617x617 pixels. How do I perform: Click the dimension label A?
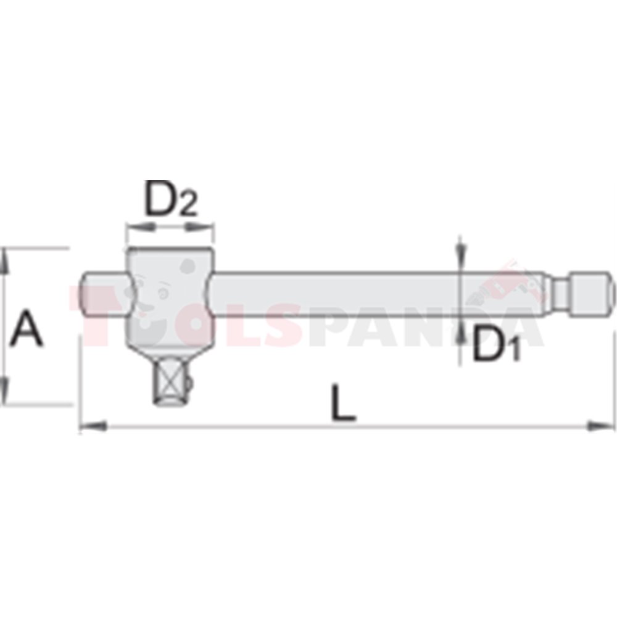pyautogui.click(x=26, y=328)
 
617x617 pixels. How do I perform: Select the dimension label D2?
pyautogui.click(x=171, y=199)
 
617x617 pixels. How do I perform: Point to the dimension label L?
pyautogui.click(x=343, y=402)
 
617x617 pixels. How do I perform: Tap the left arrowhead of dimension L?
pyautogui.click(x=93, y=426)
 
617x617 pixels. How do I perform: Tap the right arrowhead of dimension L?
pyautogui.click(x=600, y=426)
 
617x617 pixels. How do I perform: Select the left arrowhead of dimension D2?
pyautogui.click(x=139, y=226)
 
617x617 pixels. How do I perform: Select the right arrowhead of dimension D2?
pyautogui.click(x=199, y=226)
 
